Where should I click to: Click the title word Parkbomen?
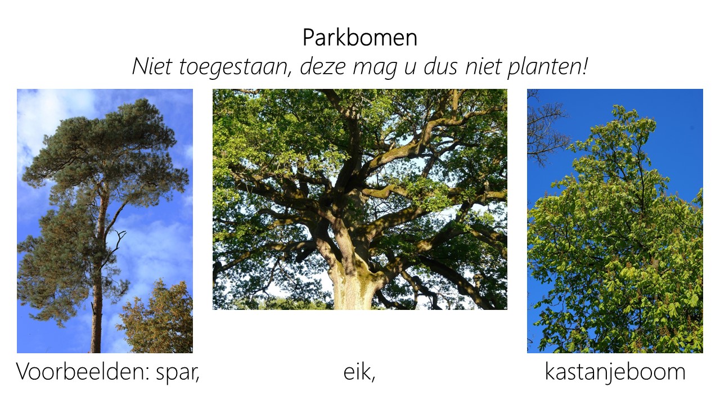[359, 38]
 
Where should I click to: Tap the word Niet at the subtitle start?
[151, 66]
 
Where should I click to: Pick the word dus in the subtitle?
[440, 66]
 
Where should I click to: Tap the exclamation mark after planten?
[584, 66]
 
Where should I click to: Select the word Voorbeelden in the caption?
[83, 372]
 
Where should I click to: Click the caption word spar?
[178, 373]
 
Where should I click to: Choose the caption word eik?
[359, 372]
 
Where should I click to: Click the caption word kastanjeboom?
[615, 372]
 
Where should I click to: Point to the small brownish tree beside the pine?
[157, 318]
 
